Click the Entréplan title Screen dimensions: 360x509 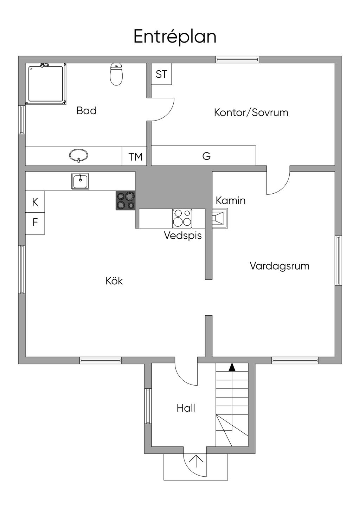click(175, 37)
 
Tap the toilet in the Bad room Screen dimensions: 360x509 click(116, 74)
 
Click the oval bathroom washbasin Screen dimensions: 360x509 click(78, 155)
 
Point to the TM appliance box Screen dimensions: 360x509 click(135, 156)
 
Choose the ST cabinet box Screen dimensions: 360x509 click(161, 74)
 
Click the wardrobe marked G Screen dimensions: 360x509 click(206, 156)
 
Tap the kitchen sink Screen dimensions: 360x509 click(81, 181)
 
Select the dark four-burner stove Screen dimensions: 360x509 click(126, 200)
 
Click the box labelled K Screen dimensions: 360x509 click(35, 202)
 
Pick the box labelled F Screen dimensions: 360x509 click(35, 223)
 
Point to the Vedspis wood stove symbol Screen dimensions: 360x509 click(182, 218)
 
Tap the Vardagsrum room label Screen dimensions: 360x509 click(279, 266)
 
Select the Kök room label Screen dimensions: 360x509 click(114, 281)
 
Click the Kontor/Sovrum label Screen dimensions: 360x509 click(251, 112)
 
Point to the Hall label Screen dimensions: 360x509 click(186, 408)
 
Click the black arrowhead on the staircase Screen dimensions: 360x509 click(232, 367)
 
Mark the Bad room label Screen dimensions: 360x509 click(86, 111)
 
